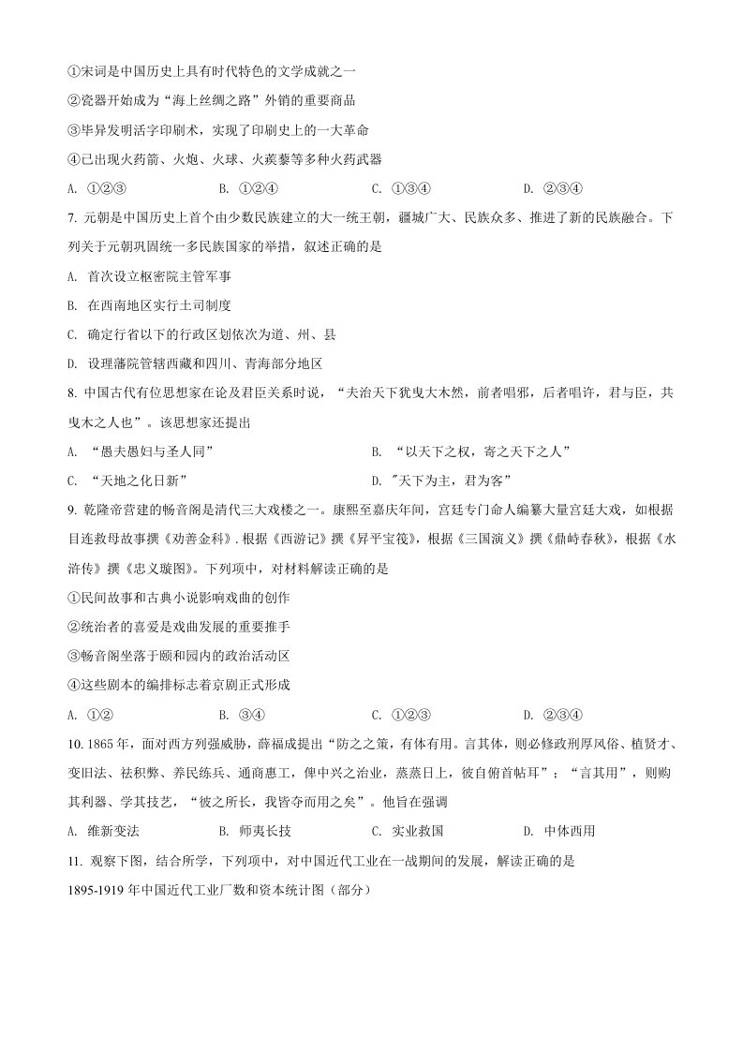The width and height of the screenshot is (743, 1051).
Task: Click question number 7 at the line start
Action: (73, 217)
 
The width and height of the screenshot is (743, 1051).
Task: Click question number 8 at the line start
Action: (73, 392)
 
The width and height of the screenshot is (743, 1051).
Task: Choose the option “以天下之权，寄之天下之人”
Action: (483, 451)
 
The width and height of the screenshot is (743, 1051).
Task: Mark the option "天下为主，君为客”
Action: (451, 481)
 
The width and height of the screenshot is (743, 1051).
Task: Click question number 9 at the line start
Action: (73, 510)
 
